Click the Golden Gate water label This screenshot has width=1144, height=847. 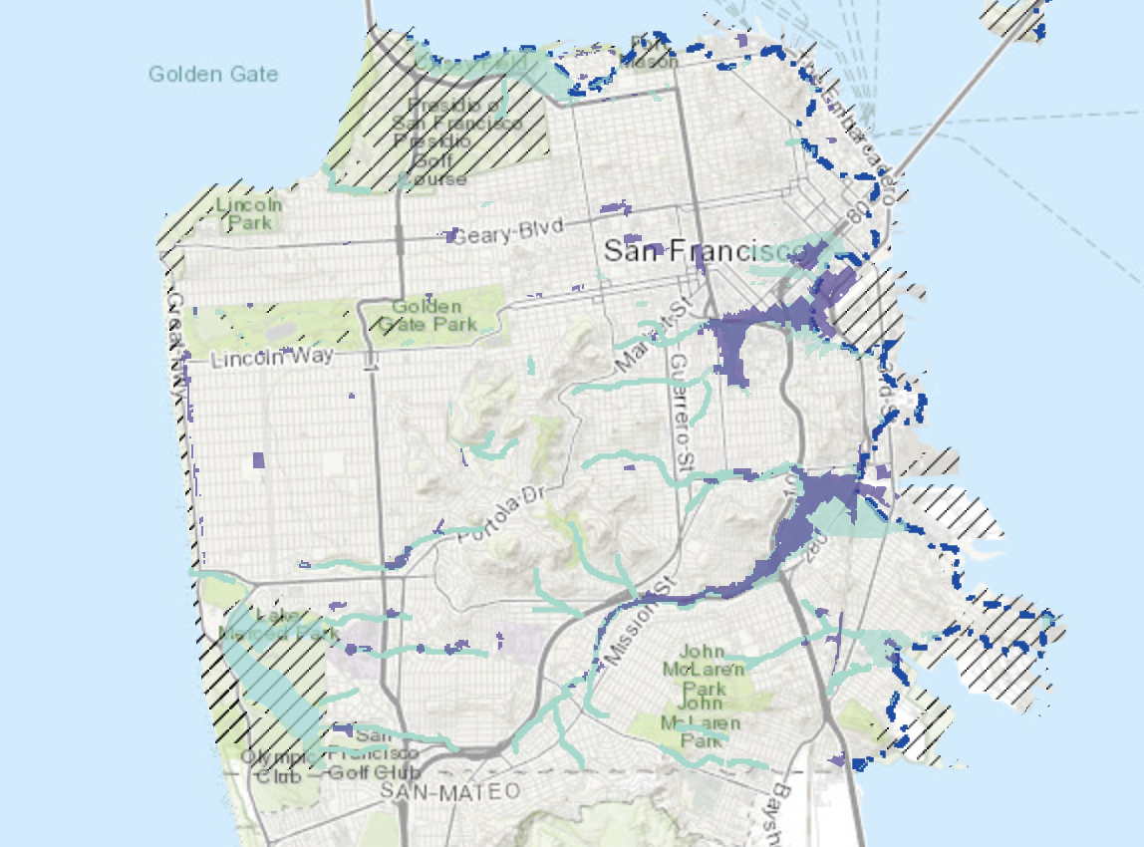213,74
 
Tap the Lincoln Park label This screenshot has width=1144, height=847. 248,213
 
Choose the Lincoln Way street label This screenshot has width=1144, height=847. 272,356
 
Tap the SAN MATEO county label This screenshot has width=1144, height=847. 451,791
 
